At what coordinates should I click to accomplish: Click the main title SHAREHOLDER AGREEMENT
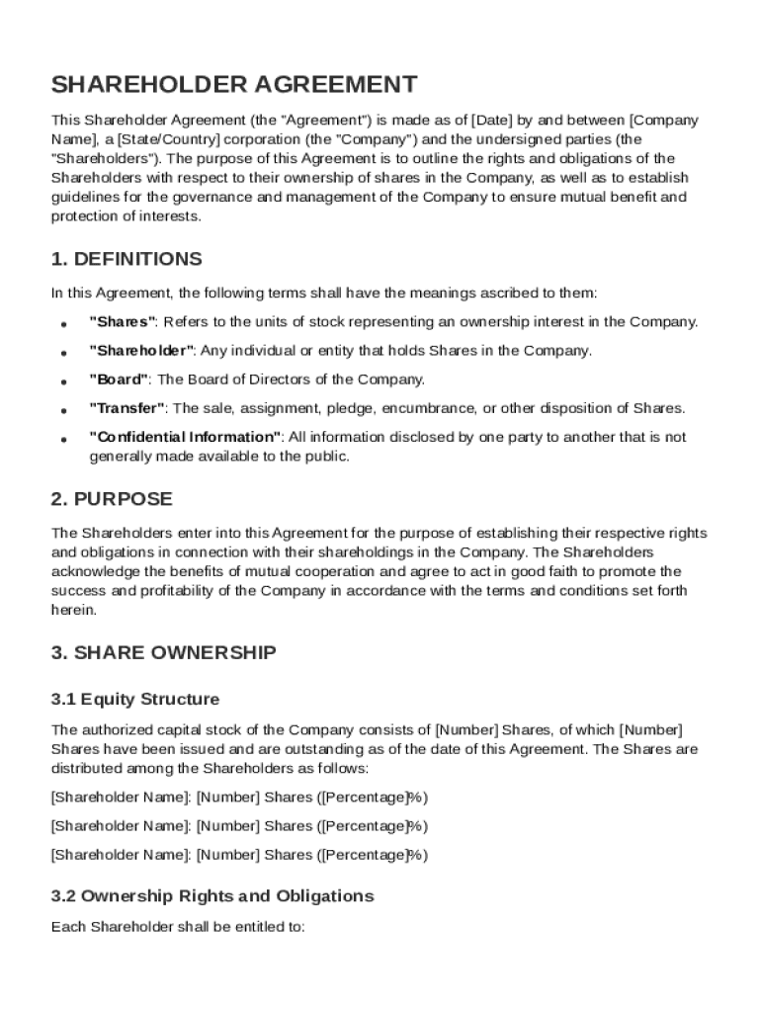pos(234,84)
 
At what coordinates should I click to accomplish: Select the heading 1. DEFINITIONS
pos(127,259)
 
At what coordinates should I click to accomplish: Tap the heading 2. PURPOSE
pos(112,499)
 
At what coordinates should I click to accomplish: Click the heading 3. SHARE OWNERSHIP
pos(164,652)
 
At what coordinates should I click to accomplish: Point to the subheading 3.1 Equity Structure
pos(135,700)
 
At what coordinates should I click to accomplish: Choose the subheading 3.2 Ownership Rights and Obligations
pos(212,896)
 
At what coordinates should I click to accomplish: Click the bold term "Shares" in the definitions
pos(123,322)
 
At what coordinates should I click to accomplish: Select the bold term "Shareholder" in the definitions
pos(141,351)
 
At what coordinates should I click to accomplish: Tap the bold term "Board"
pos(119,379)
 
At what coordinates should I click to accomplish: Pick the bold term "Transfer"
pos(127,408)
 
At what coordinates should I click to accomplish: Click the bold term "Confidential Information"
pos(186,437)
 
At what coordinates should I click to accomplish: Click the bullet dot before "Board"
pos(63,381)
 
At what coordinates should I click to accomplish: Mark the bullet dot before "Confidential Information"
pos(63,439)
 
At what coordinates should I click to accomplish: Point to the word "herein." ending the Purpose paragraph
pos(74,610)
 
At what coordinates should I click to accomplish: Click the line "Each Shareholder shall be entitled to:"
pos(178,927)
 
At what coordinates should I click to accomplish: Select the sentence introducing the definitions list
pos(324,293)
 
